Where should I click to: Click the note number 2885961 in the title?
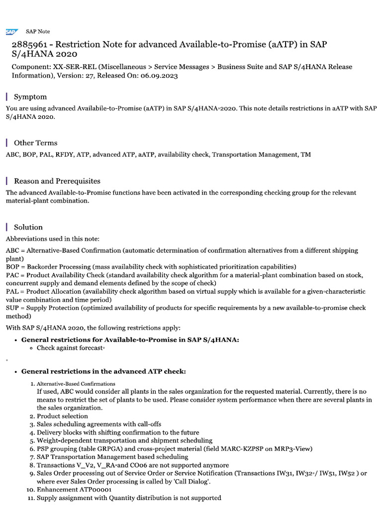click(31, 45)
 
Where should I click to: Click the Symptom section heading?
click(30, 97)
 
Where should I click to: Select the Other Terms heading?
click(35, 143)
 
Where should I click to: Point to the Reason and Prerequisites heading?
click(57, 181)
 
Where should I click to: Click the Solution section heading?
click(28, 227)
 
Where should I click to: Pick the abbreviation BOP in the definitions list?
click(13, 266)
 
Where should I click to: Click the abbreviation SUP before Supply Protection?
click(12, 308)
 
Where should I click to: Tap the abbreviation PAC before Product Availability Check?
click(12, 275)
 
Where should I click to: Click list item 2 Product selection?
click(62, 416)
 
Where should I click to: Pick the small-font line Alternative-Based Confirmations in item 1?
click(76, 384)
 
